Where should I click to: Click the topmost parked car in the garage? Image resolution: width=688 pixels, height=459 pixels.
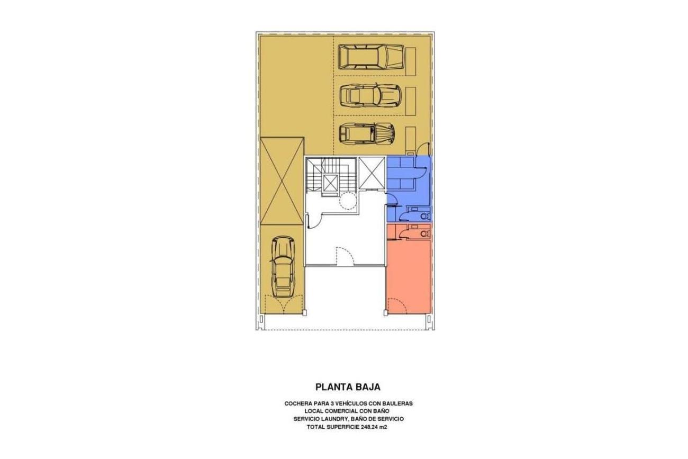coord(370,57)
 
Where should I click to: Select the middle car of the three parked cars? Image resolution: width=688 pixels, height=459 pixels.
coord(370,95)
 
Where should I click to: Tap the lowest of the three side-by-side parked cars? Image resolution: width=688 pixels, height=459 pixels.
coord(367,133)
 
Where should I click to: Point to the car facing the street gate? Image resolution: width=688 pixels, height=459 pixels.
coord(283,266)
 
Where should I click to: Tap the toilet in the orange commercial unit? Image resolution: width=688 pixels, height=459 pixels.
coord(425,234)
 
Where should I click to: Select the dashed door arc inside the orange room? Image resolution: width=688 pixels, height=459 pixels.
coord(396,305)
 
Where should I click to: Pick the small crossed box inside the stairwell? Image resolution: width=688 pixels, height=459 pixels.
coord(330,183)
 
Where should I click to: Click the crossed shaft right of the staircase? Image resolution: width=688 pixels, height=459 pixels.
coord(372,173)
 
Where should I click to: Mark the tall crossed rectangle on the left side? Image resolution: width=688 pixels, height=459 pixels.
coord(282,181)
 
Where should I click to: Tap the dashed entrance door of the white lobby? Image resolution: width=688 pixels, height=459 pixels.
coord(346,256)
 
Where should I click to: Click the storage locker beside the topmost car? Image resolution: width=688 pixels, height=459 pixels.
coord(411,61)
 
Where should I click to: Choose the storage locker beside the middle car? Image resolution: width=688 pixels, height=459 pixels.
coord(411,100)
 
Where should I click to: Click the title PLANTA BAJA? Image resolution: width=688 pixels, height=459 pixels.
coord(348,387)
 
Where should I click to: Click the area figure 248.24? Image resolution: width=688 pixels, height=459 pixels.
coord(370,427)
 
